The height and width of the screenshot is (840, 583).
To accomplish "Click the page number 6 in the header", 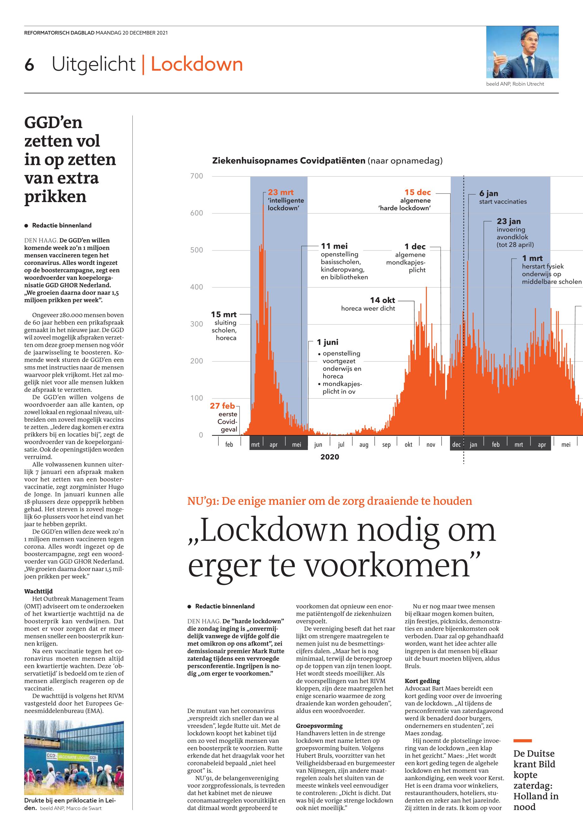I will (x=29, y=65).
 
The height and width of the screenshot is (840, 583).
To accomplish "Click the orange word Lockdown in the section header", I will (x=197, y=64).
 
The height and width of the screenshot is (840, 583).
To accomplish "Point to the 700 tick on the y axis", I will (x=197, y=176).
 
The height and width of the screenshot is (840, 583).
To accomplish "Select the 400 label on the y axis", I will (x=197, y=287).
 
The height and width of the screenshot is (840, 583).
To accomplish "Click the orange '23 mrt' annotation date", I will (x=281, y=192).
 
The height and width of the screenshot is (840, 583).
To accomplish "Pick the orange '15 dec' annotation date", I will (x=417, y=192).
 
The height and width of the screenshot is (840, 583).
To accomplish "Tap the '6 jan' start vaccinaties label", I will (x=489, y=194).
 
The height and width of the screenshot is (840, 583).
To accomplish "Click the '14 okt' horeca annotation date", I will (x=382, y=300).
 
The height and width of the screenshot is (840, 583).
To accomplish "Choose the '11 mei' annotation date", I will (x=334, y=246).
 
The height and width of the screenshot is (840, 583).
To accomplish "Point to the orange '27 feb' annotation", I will (x=222, y=405).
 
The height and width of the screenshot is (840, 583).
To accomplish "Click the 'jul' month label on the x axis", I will (x=341, y=445).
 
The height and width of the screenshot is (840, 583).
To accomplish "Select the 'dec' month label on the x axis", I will (x=456, y=445).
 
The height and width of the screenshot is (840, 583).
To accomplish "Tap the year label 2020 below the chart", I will (x=330, y=457).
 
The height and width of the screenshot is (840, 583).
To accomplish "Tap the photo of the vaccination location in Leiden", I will (x=74, y=758).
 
